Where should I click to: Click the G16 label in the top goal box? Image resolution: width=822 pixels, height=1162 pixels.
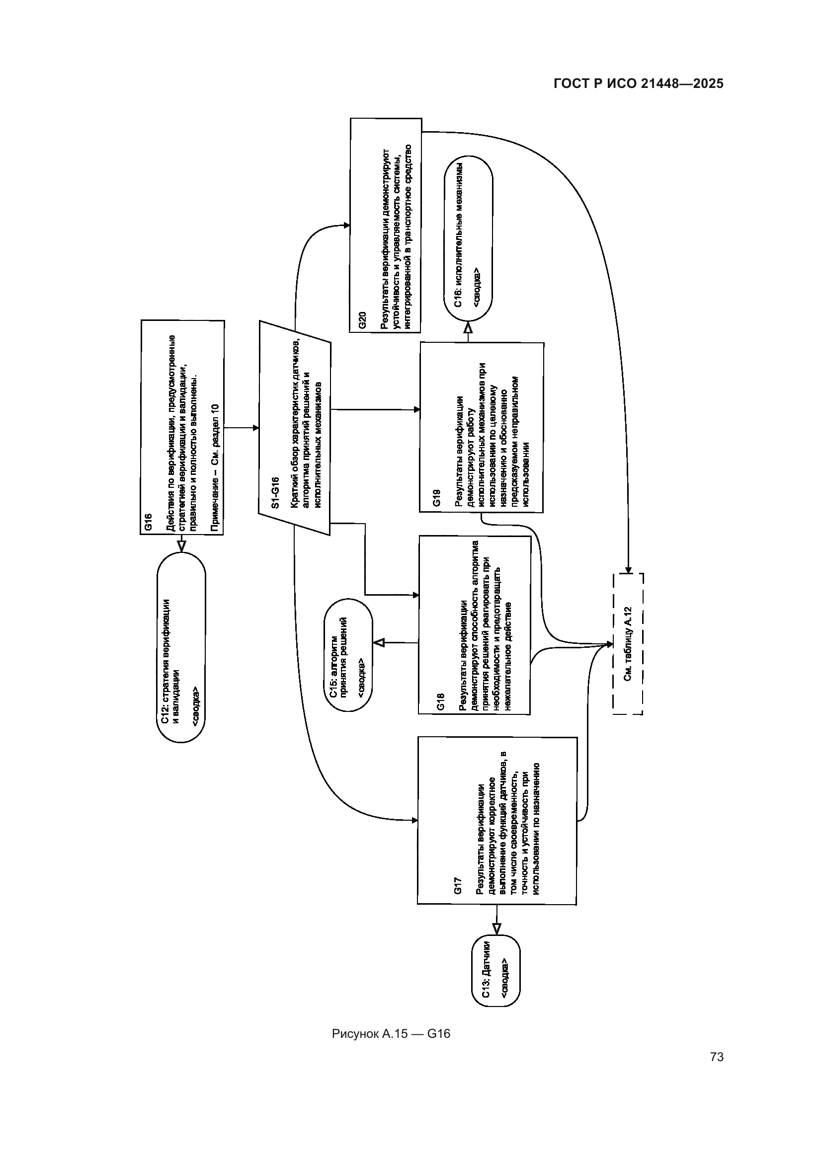(x=148, y=522)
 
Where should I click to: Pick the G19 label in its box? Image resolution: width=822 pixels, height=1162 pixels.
(x=437, y=498)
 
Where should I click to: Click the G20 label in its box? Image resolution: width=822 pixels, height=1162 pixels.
(x=362, y=320)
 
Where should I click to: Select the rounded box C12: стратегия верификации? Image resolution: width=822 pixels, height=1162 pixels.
(x=181, y=648)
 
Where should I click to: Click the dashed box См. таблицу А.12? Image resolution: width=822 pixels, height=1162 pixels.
(x=628, y=644)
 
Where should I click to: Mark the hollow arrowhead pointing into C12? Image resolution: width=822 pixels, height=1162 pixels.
(x=181, y=546)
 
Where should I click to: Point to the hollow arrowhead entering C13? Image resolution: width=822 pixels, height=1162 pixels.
(x=496, y=928)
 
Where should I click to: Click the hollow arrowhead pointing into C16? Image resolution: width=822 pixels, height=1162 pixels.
(x=468, y=327)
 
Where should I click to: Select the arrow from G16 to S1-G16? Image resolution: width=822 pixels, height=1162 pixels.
(x=242, y=428)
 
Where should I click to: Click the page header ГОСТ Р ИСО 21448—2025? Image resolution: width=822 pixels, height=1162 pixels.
(x=638, y=84)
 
